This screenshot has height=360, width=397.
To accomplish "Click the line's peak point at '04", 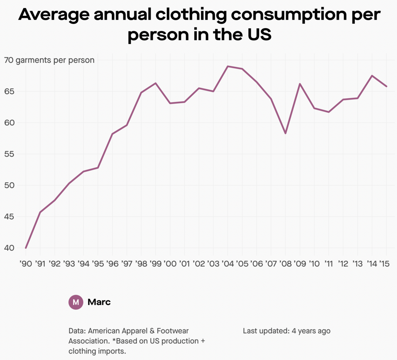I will click(x=228, y=66).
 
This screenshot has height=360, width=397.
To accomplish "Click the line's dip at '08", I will click(x=285, y=134).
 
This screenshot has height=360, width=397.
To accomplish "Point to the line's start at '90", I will click(x=26, y=248).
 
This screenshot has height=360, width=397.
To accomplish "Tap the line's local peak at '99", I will click(x=156, y=83).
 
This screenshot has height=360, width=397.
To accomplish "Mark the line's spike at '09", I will click(x=300, y=84).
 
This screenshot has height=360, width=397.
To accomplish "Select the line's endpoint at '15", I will click(x=387, y=86).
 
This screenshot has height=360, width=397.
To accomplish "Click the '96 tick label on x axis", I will click(x=112, y=264).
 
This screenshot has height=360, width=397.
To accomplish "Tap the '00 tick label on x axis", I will click(x=170, y=264).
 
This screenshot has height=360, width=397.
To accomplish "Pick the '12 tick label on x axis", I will click(x=343, y=264).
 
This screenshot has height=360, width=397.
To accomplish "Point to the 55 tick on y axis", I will click(x=9, y=154).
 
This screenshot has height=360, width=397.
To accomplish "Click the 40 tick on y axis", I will click(x=9, y=248).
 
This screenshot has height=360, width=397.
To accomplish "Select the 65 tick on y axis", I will click(x=9, y=91).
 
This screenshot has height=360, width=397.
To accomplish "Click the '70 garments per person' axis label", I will click(x=49, y=60).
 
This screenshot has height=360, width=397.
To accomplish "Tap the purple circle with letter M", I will click(x=76, y=302).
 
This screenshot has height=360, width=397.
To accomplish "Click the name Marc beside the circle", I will click(x=99, y=302).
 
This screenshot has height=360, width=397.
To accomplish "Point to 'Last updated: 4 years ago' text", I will click(x=287, y=331).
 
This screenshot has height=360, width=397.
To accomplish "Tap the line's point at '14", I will click(x=372, y=75).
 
